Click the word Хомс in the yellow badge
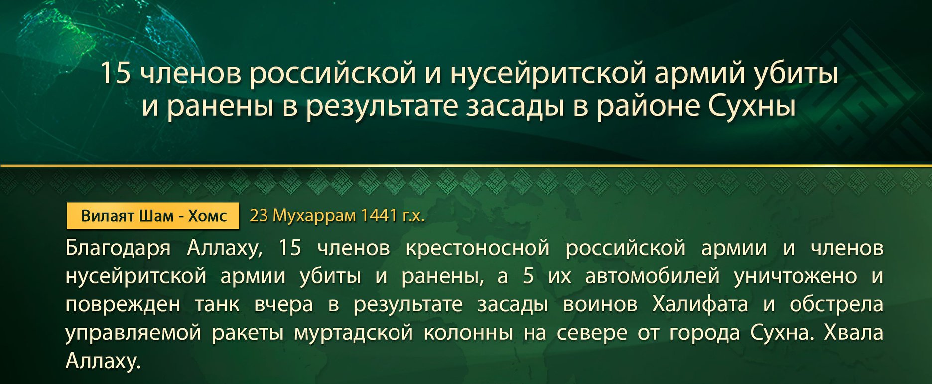click(x=207, y=216)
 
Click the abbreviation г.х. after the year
click(x=413, y=216)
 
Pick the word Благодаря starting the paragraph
click(x=118, y=248)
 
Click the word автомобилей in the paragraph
click(x=652, y=276)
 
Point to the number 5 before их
click(x=528, y=275)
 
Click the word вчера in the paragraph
click(x=283, y=305)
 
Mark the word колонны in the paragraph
click(x=468, y=333)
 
